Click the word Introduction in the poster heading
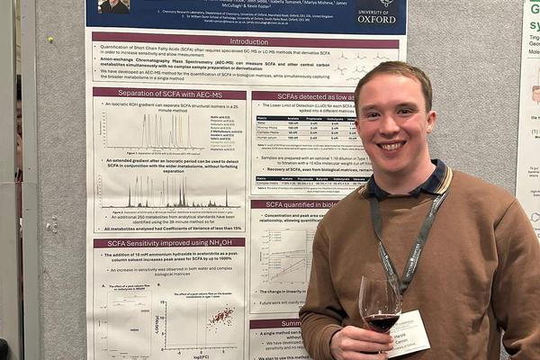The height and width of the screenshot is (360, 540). tap(248, 41)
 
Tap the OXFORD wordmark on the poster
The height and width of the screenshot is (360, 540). tap(376, 17)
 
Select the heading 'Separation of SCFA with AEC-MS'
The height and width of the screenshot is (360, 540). tap(169, 94)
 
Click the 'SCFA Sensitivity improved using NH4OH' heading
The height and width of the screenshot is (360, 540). tap(169, 243)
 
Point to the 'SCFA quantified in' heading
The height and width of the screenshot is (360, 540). tap(297, 204)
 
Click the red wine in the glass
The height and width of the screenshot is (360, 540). tap(381, 319)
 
